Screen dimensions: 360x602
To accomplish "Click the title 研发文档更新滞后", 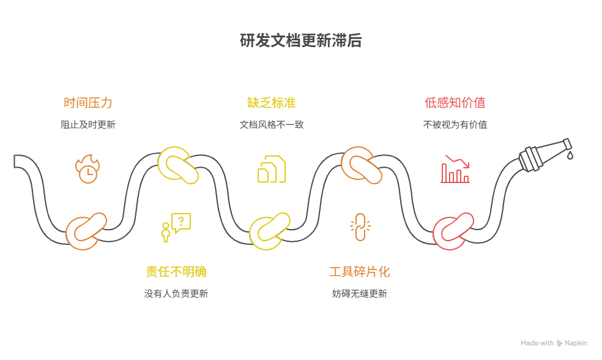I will pos(300,41).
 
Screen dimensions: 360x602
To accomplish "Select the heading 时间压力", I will pos(88,103).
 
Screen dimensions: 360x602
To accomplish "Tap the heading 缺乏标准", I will pos(271,103).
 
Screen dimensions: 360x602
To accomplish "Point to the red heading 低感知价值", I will pos(455,103).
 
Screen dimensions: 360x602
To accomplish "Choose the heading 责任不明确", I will pos(176,272).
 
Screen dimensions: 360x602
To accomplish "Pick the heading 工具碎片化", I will pos(360,272).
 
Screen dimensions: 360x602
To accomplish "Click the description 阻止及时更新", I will pos(88,124).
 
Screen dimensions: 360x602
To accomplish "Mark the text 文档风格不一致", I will pos(271,124).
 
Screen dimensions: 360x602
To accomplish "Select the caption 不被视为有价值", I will pos(455,124).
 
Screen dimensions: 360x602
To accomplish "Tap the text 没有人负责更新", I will pos(176,293).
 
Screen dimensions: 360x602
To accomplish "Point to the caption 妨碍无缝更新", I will pos(360,293).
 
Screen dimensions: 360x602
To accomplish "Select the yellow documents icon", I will pos(271,169).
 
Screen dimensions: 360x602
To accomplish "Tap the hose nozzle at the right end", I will pos(544,153).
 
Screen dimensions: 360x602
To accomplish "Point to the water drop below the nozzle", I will pos(570,156).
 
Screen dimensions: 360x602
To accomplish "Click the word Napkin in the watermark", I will pos(576,343).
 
